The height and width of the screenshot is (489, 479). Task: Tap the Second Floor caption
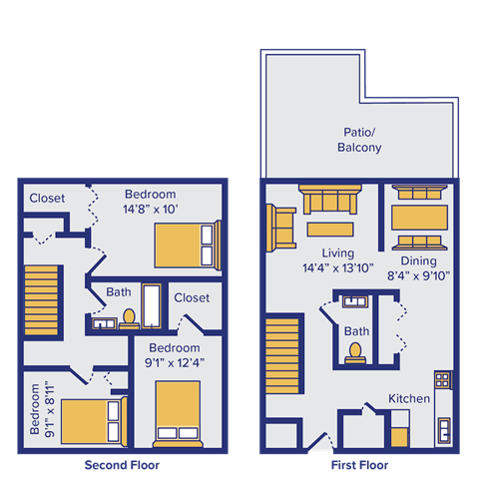tap(122, 465)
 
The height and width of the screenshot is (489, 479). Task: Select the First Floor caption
tap(359, 465)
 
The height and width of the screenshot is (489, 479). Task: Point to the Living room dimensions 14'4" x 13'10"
tap(332, 268)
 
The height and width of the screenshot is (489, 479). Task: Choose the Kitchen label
tap(410, 399)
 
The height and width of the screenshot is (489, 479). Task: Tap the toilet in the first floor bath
tap(355, 351)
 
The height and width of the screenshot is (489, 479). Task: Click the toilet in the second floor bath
tap(129, 317)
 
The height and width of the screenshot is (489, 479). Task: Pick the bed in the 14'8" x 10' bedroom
tap(186, 244)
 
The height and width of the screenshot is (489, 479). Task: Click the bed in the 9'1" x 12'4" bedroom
tap(178, 412)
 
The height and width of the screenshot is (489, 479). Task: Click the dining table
tap(419, 217)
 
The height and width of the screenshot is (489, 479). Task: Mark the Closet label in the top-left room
tap(47, 198)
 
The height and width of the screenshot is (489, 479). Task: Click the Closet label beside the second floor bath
tap(192, 297)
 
